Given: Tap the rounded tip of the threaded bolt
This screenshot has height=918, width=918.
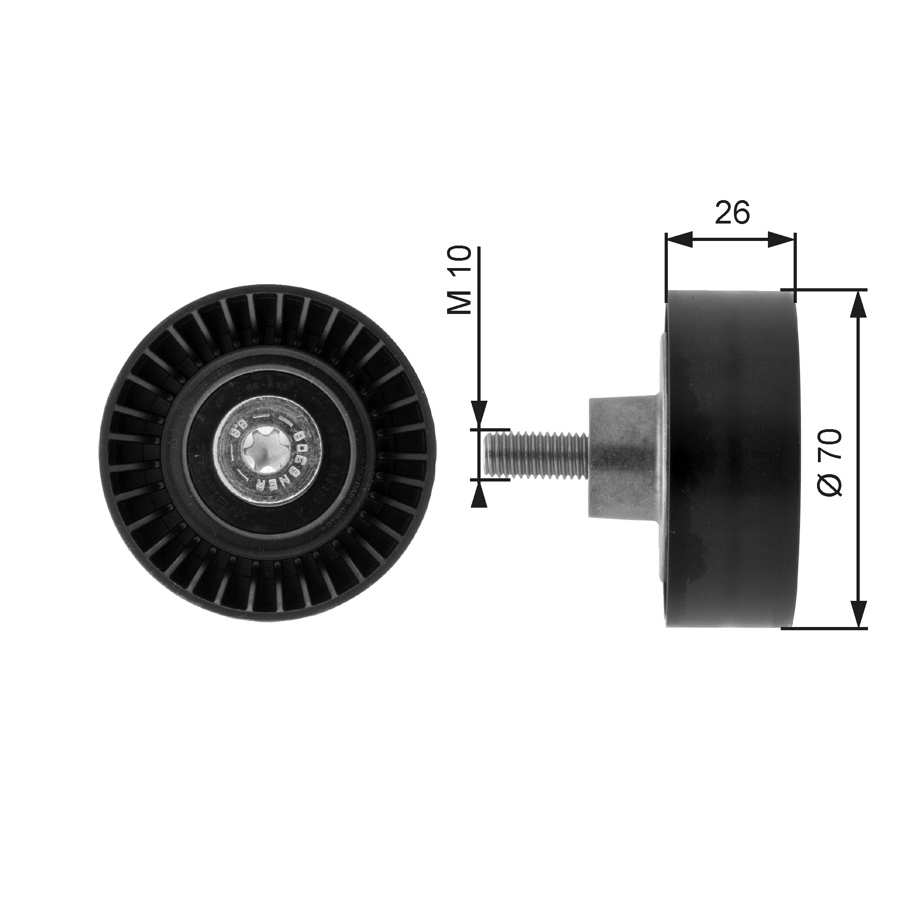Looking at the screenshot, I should coord(487,451).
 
